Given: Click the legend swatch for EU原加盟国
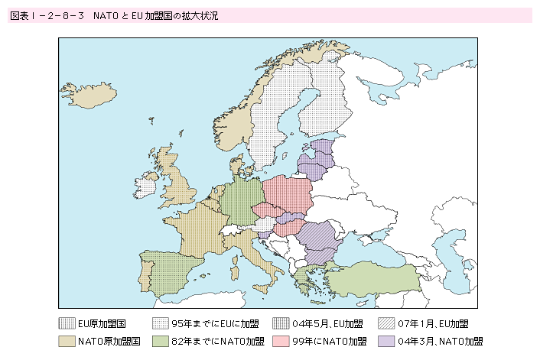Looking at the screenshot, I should [67, 323].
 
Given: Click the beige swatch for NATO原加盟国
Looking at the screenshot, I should [67, 341].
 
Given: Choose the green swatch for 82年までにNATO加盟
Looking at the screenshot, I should [160, 341].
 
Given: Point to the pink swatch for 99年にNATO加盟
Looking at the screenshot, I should [281, 341].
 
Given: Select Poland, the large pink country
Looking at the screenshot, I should [288, 195].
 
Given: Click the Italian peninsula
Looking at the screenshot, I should [252, 252].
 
